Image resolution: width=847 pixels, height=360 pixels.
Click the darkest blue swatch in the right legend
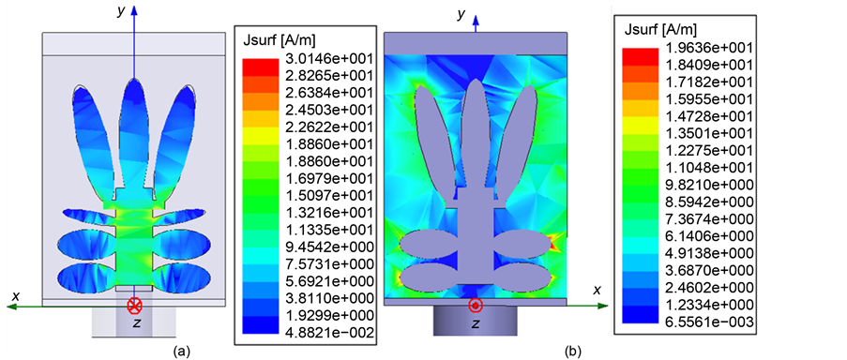point(641,322)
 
